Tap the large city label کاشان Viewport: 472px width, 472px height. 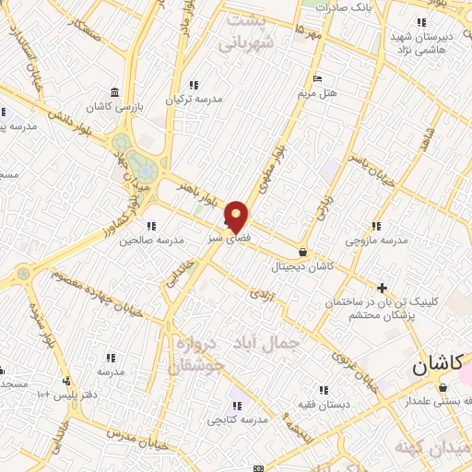pos(431,365)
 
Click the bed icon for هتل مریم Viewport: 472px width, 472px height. pos(318,78)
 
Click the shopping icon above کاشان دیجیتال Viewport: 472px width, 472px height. pos(303,252)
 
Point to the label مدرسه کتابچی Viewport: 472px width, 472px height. pos(239,419)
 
